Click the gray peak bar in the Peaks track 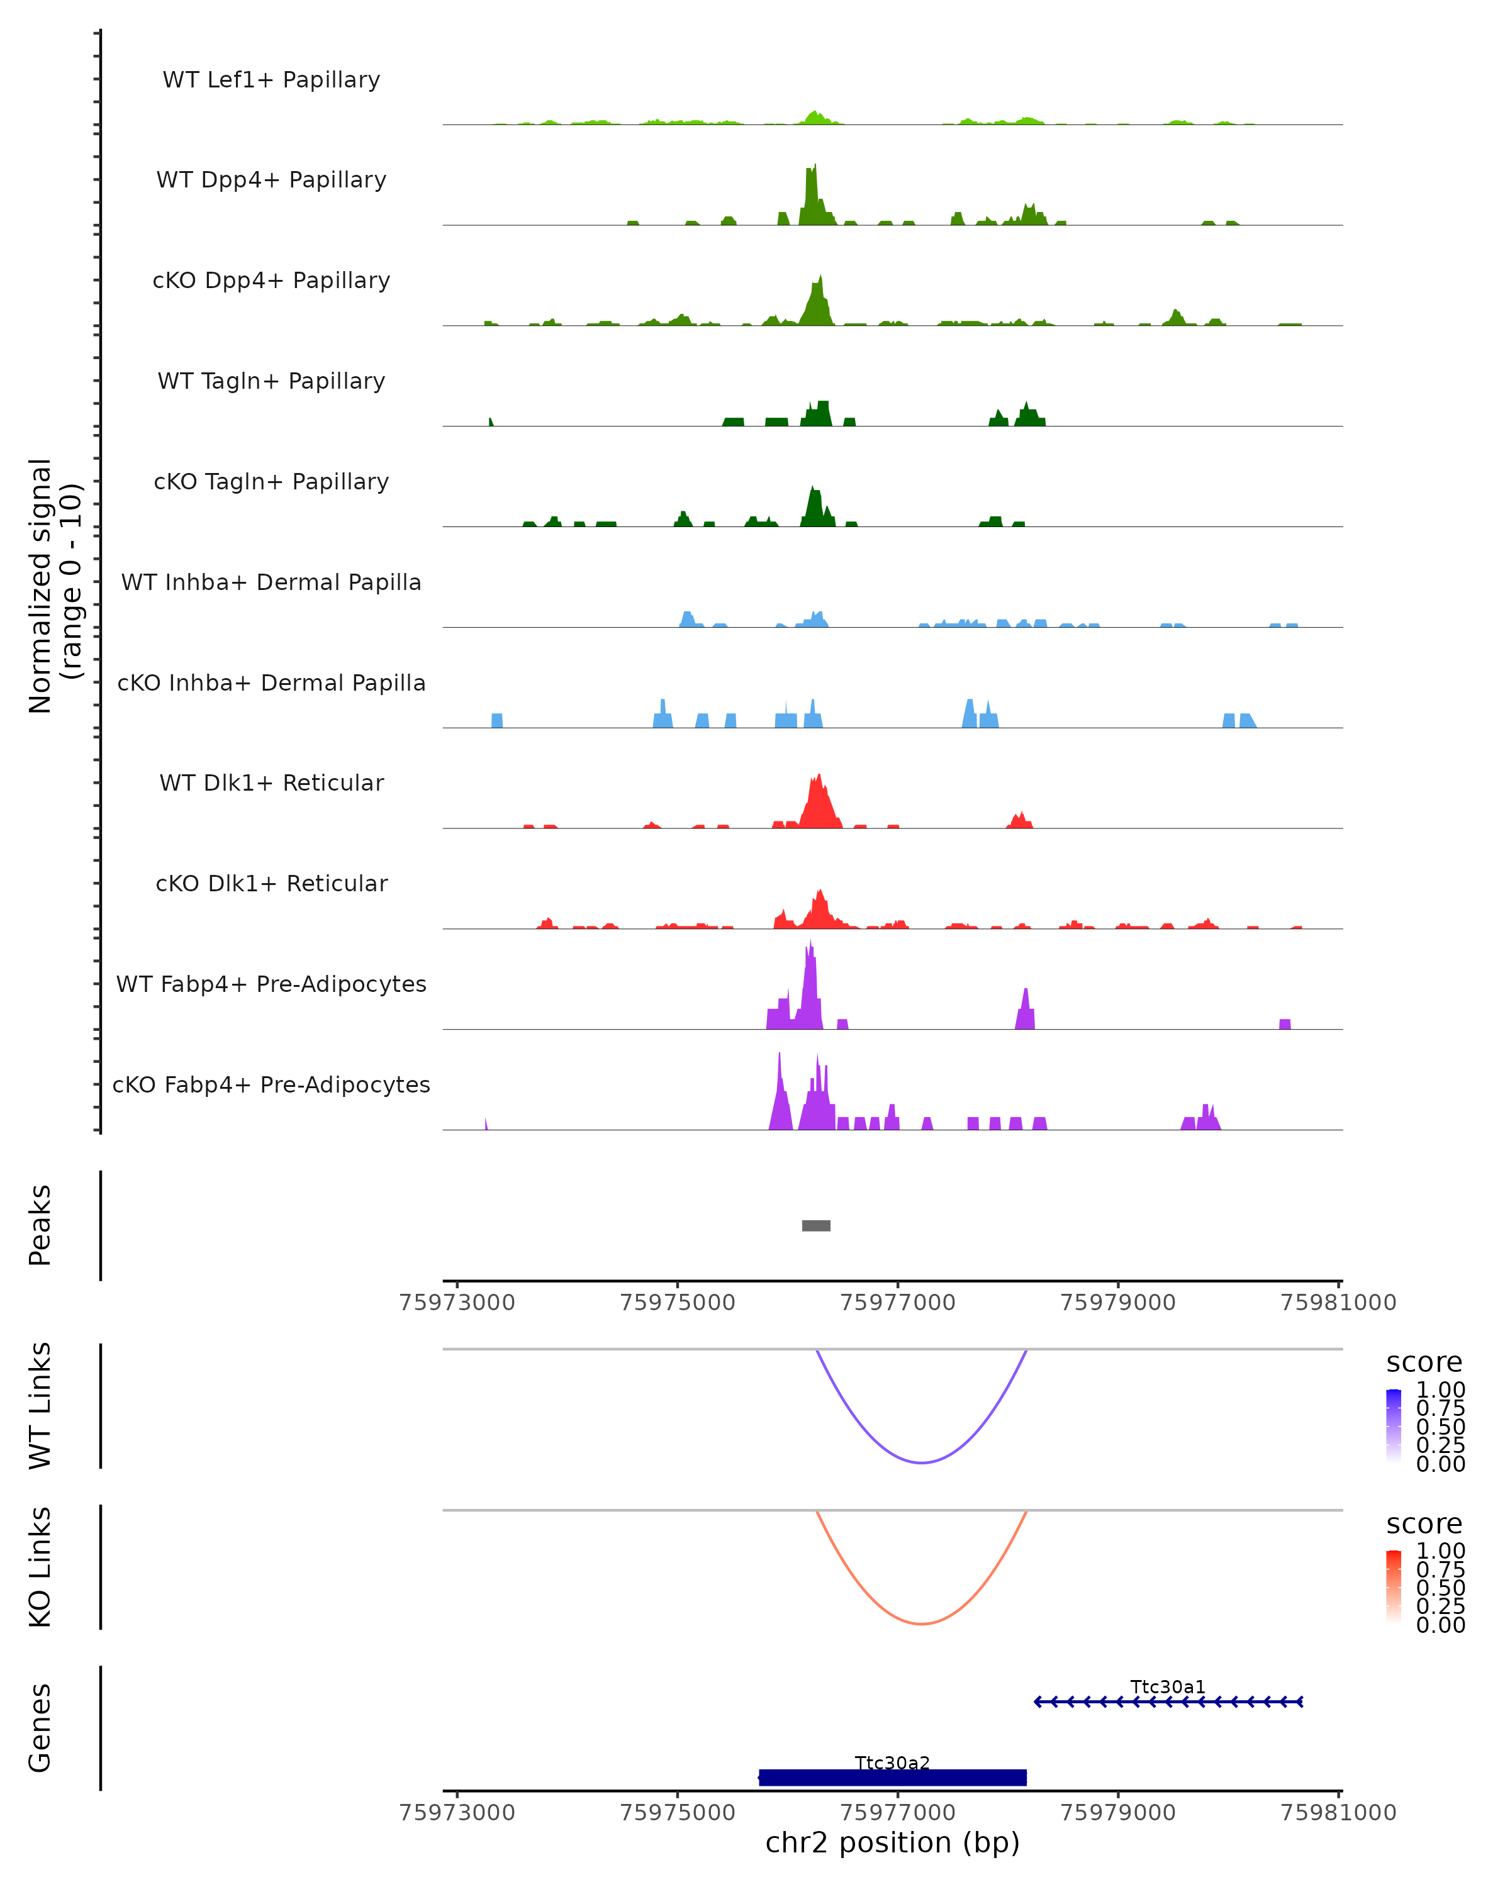tap(816, 1225)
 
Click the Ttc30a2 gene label tap(892, 1762)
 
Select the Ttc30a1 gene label tap(1168, 1686)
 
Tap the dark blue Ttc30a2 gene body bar tap(892, 1778)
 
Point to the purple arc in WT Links tap(922, 1462)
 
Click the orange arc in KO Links tap(922, 1623)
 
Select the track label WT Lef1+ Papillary tap(271, 80)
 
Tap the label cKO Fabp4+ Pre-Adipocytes tap(271, 1084)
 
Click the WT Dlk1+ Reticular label tap(271, 782)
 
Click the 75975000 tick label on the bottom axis tap(676, 1813)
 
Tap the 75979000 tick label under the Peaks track tap(1118, 1303)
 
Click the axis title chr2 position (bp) tap(892, 1843)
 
